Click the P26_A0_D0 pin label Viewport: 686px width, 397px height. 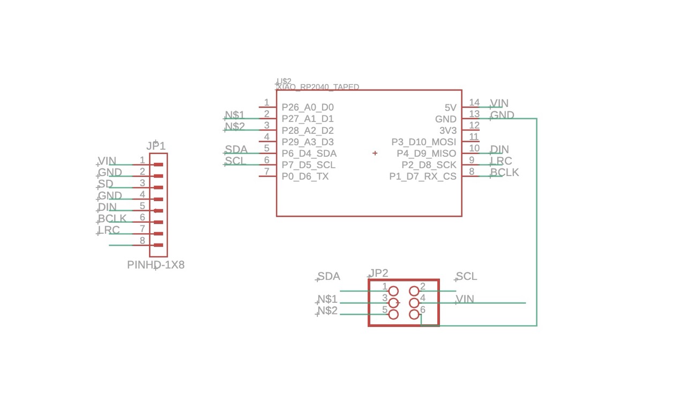click(308, 108)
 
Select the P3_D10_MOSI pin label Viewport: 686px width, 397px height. click(423, 142)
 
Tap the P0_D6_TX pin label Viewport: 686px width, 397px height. click(305, 177)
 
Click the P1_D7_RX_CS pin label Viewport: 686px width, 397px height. click(422, 177)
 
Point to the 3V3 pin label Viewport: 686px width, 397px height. click(448, 131)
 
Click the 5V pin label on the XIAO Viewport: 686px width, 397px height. click(450, 108)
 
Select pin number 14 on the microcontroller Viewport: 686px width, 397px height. click(474, 103)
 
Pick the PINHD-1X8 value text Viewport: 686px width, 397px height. click(155, 265)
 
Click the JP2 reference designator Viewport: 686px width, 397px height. click(378, 273)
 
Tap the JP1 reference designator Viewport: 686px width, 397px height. click(156, 146)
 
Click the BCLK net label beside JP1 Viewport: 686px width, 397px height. click(112, 218)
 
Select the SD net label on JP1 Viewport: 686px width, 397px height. click(106, 184)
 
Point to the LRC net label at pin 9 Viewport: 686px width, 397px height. click(501, 161)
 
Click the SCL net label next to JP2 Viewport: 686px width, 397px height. click(466, 277)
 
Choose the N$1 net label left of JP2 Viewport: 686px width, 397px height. click(327, 299)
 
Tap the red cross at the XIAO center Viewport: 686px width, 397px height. click(375, 153)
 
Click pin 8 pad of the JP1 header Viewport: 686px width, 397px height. click(158, 245)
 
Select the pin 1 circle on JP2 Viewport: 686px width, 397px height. click(393, 291)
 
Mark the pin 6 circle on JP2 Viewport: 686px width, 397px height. click(414, 315)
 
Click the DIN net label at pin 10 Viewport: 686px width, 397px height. click(499, 149)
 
